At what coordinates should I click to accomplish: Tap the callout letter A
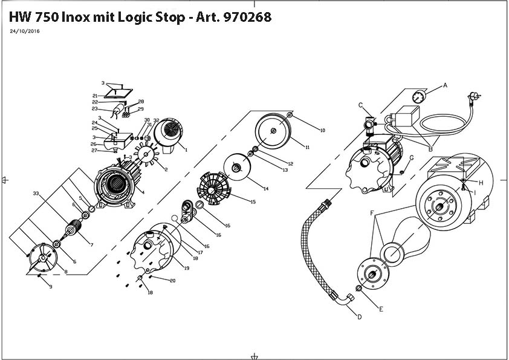coord(446,85)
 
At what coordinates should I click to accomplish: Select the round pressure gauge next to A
coord(418,97)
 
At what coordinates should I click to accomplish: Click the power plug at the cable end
coord(474,96)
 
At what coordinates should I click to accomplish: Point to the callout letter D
coord(359,316)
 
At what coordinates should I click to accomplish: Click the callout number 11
coord(307,147)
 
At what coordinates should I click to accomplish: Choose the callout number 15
coord(253,201)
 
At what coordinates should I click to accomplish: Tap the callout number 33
coord(36,194)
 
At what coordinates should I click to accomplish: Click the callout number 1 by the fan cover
coord(186,150)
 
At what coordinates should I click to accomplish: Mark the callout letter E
coord(381,309)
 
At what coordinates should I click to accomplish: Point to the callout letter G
coord(411,158)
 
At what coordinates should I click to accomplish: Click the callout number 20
coord(172,281)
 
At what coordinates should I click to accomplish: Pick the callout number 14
coord(266,189)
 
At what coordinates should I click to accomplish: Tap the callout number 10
coord(323,130)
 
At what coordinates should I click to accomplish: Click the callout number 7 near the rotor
coord(91,244)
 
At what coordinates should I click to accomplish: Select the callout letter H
coord(481,182)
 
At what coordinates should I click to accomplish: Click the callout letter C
coord(361,106)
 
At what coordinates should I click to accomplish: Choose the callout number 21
coord(95,96)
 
